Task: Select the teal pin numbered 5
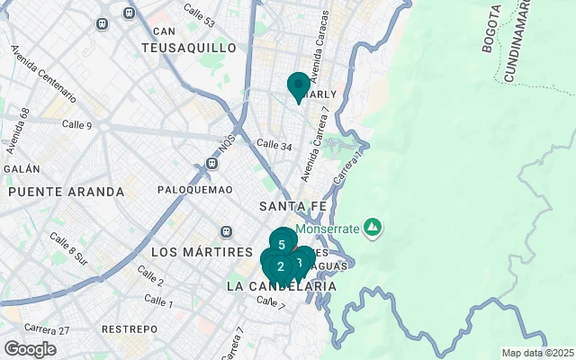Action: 283,243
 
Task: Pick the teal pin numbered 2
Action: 281,265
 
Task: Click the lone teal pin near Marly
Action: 299,86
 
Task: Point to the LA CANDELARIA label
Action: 282,286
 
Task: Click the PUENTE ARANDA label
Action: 66,192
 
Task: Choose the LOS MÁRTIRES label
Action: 202,251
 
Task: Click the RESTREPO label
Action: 129,329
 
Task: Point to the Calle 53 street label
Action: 198,14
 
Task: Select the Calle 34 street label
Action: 274,144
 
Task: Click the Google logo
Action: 30,349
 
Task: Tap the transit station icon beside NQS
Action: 212,164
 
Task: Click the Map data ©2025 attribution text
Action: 536,354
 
